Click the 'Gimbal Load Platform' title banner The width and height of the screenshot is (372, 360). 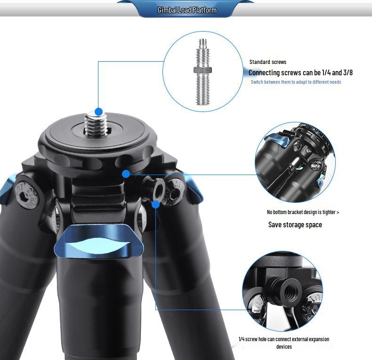click(x=187, y=10)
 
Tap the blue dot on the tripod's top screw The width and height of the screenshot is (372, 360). click(x=98, y=112)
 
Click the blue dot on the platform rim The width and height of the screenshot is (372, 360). click(x=126, y=174)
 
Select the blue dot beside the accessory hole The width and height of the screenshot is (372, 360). click(x=156, y=204)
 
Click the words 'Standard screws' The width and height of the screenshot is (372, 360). click(x=267, y=62)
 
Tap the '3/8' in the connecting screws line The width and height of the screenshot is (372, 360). click(x=348, y=72)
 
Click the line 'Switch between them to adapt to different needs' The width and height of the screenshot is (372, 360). click(x=296, y=82)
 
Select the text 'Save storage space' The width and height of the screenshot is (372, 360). click(x=295, y=225)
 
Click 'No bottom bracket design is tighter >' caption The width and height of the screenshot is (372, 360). click(x=303, y=212)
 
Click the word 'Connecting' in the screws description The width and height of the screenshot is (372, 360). click(x=264, y=72)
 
